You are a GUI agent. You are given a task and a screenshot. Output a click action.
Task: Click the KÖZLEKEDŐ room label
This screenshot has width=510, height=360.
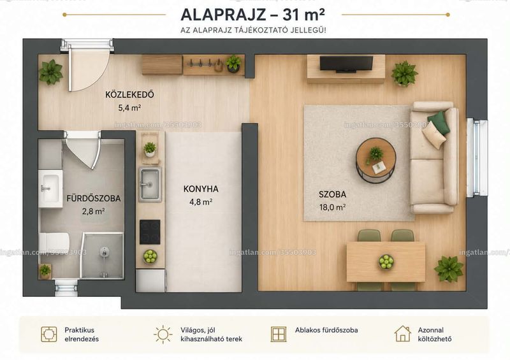coord(129,95)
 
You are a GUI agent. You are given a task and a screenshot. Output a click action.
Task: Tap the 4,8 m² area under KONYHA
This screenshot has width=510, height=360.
coord(201,202)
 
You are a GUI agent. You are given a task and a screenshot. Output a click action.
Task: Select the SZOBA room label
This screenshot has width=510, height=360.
coord(332,194)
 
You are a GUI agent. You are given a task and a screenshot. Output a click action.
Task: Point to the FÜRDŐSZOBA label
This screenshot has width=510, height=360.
coord(94,198)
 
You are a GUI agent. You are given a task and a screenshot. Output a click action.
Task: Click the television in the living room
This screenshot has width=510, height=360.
coord(346,64)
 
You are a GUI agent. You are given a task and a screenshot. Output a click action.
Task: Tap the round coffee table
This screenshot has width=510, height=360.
coord(376,160)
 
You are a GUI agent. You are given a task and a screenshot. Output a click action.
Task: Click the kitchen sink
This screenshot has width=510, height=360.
coord(150,184)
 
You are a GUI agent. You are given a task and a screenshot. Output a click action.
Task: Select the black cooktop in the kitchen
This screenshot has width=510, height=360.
coord(150,232)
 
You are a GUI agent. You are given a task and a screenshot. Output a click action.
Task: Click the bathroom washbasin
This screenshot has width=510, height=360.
coord(50,189)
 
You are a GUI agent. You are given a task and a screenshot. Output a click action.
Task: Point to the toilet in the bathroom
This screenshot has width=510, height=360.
coord(54,244)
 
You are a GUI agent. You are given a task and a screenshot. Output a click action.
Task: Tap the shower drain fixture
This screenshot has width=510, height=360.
coord(104,252)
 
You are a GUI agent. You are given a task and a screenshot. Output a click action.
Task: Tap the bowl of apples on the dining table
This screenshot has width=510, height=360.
coord(386,261)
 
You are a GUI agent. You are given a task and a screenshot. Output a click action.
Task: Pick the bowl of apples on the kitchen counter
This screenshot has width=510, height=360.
coord(150,256)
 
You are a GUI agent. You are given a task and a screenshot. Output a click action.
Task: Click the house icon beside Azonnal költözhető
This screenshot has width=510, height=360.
coord(403,334)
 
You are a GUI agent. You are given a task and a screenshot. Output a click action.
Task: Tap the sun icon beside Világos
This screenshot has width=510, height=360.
coord(163,335)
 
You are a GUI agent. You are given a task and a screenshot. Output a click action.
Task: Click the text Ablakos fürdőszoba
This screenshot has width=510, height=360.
coord(326,330)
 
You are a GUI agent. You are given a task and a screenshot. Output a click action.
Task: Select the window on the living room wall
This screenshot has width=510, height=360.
coord(477,158)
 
